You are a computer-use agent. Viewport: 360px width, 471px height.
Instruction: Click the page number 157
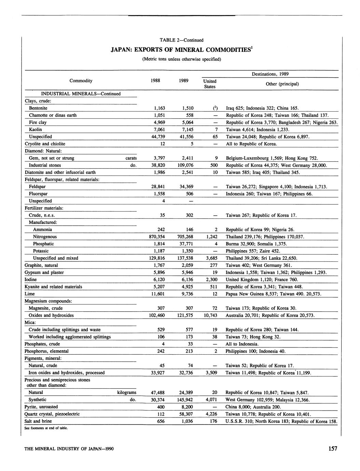point(333,448)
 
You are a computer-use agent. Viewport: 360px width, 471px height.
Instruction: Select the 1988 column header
point(156,81)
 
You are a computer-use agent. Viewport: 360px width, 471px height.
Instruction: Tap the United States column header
point(210,84)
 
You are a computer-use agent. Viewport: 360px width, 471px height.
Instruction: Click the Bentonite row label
point(38,108)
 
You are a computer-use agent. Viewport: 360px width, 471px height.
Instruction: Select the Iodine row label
point(31,280)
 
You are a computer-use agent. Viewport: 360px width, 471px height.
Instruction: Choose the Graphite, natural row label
point(41,265)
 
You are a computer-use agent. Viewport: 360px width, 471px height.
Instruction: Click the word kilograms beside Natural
point(127,392)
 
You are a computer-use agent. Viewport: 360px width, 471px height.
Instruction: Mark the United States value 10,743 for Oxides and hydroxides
point(210,315)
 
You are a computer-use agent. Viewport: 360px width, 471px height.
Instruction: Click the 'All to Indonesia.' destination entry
point(242,344)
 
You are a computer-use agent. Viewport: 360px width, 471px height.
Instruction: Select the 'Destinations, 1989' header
point(270,74)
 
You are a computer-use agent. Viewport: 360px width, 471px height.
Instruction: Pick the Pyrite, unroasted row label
point(41,407)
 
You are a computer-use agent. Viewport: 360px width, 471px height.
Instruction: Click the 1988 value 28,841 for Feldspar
point(157,187)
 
